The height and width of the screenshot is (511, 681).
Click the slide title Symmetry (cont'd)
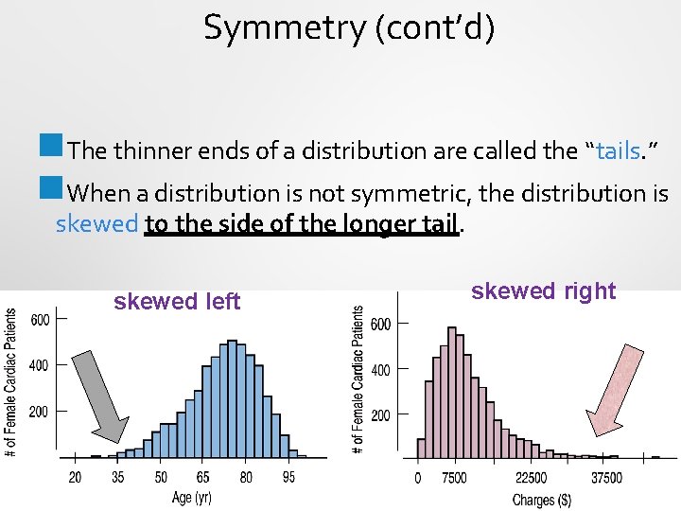tap(349, 29)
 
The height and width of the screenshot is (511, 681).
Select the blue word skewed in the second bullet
tap(96, 224)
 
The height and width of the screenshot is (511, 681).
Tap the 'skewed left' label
tap(177, 302)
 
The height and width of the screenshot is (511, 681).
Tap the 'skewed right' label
tap(543, 291)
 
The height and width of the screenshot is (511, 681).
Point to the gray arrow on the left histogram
tap(100, 395)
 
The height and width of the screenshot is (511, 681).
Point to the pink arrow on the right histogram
tap(616, 388)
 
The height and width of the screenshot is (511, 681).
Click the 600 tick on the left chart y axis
tap(40, 320)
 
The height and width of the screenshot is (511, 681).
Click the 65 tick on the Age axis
tap(203, 478)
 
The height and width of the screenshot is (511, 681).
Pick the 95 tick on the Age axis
tap(288, 478)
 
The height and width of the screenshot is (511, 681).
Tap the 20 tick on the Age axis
tap(75, 478)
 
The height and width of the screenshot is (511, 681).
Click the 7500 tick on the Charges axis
tap(454, 478)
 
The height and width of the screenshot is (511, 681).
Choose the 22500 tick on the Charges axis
tap(531, 478)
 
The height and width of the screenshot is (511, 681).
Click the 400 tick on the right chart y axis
tap(380, 369)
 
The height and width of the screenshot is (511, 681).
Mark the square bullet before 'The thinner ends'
tap(50, 147)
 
